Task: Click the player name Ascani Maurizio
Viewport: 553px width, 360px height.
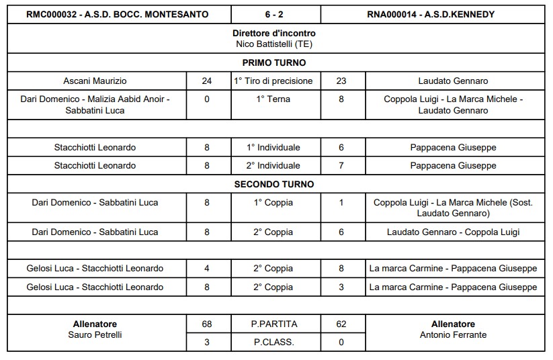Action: pyautogui.click(x=95, y=81)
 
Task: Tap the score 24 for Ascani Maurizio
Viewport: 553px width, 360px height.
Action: pyautogui.click(x=207, y=81)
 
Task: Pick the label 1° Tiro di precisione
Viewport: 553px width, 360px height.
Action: pyautogui.click(x=273, y=81)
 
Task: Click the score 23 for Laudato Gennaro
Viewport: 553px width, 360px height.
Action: pyautogui.click(x=341, y=81)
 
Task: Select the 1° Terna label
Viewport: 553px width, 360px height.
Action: pyautogui.click(x=273, y=99)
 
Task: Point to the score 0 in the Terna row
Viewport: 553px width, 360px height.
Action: pyautogui.click(x=207, y=99)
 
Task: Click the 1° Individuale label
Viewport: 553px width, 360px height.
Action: pyautogui.click(x=273, y=148)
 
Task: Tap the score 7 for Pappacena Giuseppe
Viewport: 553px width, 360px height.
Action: pyautogui.click(x=341, y=165)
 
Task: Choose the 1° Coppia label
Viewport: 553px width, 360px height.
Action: pyautogui.click(x=273, y=202)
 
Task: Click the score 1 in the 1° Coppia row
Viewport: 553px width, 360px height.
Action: pyautogui.click(x=341, y=202)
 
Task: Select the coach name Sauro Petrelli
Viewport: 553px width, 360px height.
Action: pyautogui.click(x=95, y=334)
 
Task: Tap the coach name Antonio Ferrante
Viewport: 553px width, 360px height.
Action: pyautogui.click(x=453, y=334)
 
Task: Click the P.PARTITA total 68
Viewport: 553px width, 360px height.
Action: pyautogui.click(x=207, y=324)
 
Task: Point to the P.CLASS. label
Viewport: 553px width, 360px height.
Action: pyautogui.click(x=273, y=342)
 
